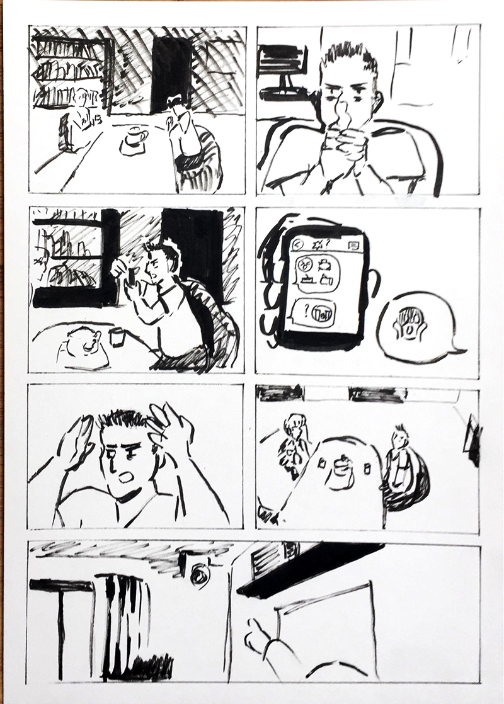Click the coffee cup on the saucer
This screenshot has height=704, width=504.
[x=134, y=137]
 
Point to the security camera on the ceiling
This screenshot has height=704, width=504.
[x=198, y=572]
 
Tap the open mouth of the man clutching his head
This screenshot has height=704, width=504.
[x=126, y=477]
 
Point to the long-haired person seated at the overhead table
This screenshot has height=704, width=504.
[x=294, y=441]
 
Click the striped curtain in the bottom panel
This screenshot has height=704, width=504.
[x=126, y=623]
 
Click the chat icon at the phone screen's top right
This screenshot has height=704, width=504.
[x=353, y=245]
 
